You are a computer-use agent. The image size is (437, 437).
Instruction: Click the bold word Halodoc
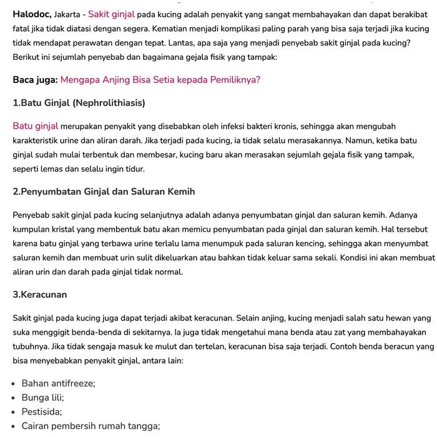click(x=31, y=14)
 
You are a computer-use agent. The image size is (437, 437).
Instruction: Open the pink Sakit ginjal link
click(x=111, y=14)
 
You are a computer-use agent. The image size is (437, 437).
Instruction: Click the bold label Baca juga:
click(x=35, y=80)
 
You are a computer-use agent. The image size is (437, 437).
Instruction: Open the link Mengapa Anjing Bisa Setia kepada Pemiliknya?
click(x=160, y=80)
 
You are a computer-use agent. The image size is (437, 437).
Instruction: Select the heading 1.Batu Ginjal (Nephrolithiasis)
click(x=79, y=102)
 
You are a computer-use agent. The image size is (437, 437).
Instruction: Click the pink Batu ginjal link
click(x=36, y=126)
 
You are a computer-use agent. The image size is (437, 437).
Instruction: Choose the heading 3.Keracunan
click(x=40, y=295)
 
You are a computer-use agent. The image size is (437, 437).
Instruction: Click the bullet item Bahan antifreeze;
click(x=58, y=383)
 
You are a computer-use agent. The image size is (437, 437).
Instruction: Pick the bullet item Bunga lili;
click(x=42, y=398)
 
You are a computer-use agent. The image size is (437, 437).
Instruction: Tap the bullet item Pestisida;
click(x=42, y=412)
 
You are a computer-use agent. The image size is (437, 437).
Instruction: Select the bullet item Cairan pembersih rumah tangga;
click(x=91, y=426)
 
